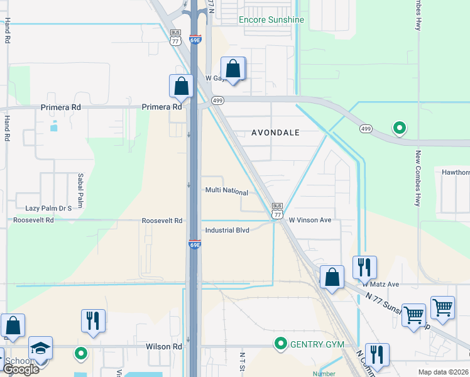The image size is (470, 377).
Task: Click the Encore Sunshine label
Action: click(x=271, y=19)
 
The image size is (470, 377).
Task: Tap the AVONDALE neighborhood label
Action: click(x=275, y=133)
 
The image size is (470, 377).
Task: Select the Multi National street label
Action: click(x=226, y=191)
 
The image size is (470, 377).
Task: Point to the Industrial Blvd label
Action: click(x=227, y=230)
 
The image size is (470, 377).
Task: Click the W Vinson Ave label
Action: click(x=310, y=221)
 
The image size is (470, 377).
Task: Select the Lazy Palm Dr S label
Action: click(x=48, y=208)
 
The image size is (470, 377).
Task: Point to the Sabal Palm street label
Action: click(x=80, y=185)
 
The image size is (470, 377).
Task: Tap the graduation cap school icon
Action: click(x=41, y=348)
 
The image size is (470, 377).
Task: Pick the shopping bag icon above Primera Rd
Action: click(x=182, y=87)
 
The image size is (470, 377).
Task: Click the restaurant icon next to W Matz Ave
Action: click(x=364, y=268)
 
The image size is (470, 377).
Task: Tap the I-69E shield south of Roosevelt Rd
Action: click(x=195, y=244)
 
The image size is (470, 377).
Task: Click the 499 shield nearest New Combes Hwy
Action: click(x=366, y=129)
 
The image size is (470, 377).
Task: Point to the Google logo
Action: click(x=21, y=369)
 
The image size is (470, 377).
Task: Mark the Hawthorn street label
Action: click(x=456, y=172)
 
